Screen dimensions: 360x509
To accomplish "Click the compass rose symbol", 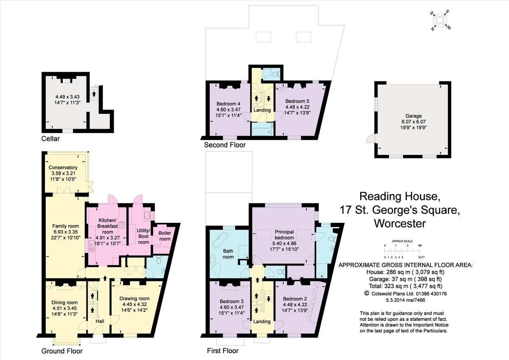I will [x=442, y=20].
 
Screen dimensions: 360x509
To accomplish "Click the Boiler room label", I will [x=165, y=236].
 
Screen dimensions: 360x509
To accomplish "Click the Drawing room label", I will [x=134, y=298].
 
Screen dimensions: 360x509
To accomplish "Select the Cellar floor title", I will [x=50, y=139].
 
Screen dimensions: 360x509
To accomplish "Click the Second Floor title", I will [x=224, y=145].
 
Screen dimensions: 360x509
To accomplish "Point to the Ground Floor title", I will [x=62, y=351].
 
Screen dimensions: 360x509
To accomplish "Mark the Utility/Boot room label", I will [x=143, y=235].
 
